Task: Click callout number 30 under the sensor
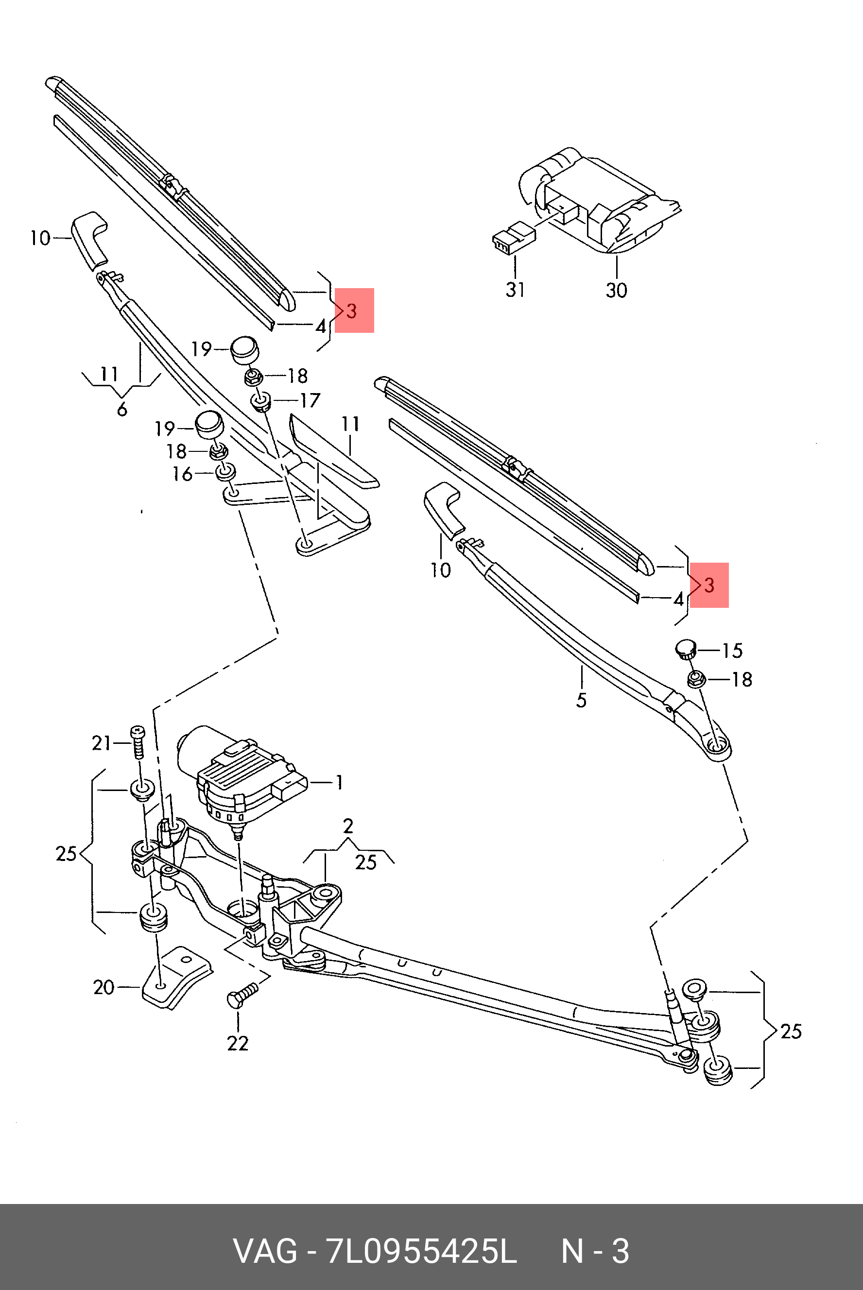(x=617, y=290)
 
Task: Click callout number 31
(x=515, y=290)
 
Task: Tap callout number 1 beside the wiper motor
(x=339, y=782)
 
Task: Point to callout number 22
(x=238, y=1043)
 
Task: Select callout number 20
(x=104, y=987)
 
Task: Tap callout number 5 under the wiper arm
(x=582, y=700)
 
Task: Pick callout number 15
(x=732, y=651)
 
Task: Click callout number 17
(x=310, y=400)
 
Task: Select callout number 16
(x=182, y=473)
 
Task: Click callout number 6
(x=121, y=409)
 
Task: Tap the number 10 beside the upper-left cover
(x=40, y=238)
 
